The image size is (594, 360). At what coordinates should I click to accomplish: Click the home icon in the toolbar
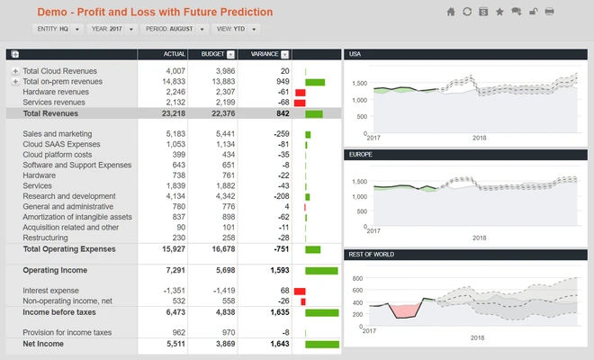click(451, 12)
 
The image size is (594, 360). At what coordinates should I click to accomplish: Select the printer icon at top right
click(549, 12)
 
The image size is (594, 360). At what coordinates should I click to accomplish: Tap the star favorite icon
click(499, 12)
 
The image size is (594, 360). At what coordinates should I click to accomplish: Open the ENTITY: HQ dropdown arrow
click(76, 29)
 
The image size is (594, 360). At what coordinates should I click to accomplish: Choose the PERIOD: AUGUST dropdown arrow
click(202, 29)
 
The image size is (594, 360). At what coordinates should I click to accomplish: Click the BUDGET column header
click(213, 54)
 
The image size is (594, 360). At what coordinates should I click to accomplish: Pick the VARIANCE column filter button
click(285, 55)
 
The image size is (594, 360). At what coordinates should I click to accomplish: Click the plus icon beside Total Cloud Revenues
click(15, 71)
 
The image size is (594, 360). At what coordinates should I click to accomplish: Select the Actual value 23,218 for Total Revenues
click(174, 113)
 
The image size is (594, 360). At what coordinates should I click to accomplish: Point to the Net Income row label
click(43, 344)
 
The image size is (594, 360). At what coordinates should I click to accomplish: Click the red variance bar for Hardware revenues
click(301, 93)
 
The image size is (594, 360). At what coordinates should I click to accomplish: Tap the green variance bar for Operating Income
click(321, 271)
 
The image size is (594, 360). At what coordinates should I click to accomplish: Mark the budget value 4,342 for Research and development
click(225, 196)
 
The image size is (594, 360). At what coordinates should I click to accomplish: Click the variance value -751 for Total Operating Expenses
click(281, 249)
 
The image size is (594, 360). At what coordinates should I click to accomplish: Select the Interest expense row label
click(50, 291)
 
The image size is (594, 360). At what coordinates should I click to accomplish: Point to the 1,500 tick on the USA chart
click(359, 84)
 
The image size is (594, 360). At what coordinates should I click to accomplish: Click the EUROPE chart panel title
click(361, 155)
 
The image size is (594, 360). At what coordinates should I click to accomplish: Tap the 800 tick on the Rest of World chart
click(357, 278)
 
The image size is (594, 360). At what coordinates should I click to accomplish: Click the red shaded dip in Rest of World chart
click(406, 310)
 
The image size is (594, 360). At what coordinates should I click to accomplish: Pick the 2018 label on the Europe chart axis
click(479, 238)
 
